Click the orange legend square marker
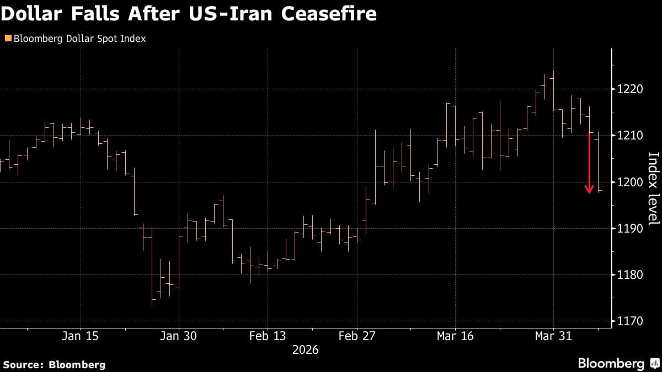pyautogui.click(x=7, y=39)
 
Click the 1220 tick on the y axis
pyautogui.click(x=629, y=89)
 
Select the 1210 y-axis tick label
pyautogui.click(x=629, y=136)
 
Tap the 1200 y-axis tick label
pyautogui.click(x=629, y=182)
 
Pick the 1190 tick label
pyautogui.click(x=629, y=228)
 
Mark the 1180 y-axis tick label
pyautogui.click(x=629, y=274)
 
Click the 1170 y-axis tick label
pyautogui.click(x=629, y=321)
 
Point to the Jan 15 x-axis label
pyautogui.click(x=81, y=336)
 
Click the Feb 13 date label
pyautogui.click(x=268, y=336)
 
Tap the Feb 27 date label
pyautogui.click(x=357, y=336)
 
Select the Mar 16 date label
pyautogui.click(x=455, y=336)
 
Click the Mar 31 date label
pyautogui.click(x=553, y=336)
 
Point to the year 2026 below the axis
pyautogui.click(x=305, y=350)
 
